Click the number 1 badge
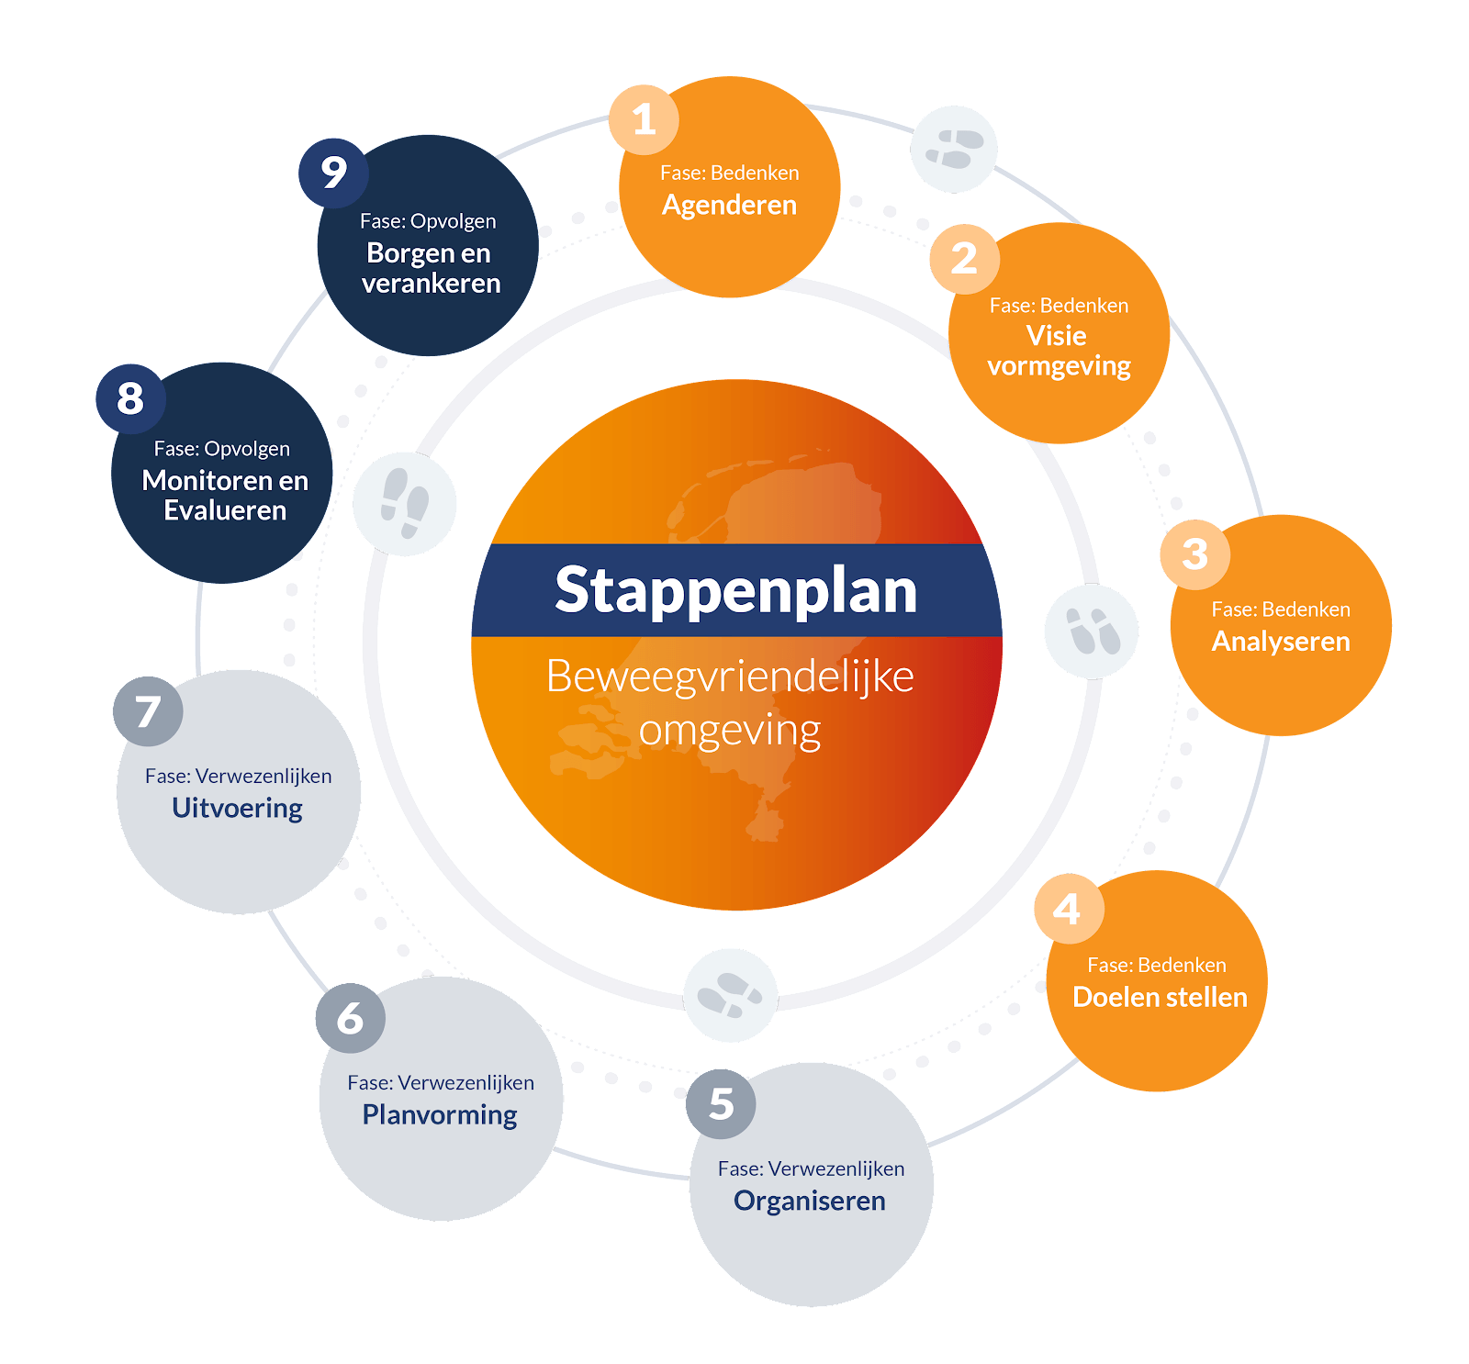pyautogui.click(x=644, y=119)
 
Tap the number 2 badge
pyautogui.click(x=964, y=259)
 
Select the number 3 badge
pyautogui.click(x=1194, y=554)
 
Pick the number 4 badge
pyautogui.click(x=1069, y=909)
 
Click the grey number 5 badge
pyautogui.click(x=721, y=1104)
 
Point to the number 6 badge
pyautogui.click(x=350, y=1018)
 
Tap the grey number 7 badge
pyautogui.click(x=148, y=711)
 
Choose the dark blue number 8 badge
pyautogui.click(x=130, y=398)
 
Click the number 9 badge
pyautogui.click(x=333, y=173)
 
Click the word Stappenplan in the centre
pyautogui.click(x=736, y=590)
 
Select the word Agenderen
pyautogui.click(x=729, y=205)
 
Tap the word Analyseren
pyautogui.click(x=1281, y=641)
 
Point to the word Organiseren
pyautogui.click(x=810, y=1201)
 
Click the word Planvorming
pyautogui.click(x=440, y=1114)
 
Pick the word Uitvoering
pyautogui.click(x=237, y=808)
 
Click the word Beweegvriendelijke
pyautogui.click(x=730, y=676)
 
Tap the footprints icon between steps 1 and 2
pyautogui.click(x=954, y=150)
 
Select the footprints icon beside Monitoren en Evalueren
pyautogui.click(x=405, y=504)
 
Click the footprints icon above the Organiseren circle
pyautogui.click(x=731, y=996)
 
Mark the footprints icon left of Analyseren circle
pyautogui.click(x=1092, y=632)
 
